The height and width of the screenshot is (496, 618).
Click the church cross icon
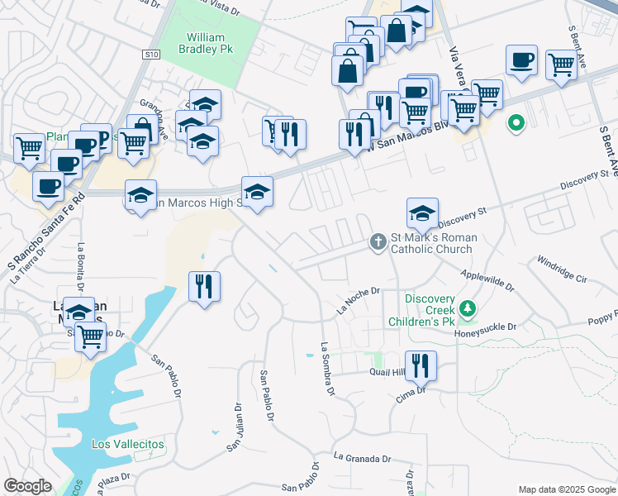click(378, 241)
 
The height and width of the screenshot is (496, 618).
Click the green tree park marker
click(468, 309)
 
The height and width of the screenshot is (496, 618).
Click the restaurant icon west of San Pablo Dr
click(203, 287)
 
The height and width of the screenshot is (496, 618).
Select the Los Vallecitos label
click(128, 444)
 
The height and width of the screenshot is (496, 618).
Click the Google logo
click(28, 486)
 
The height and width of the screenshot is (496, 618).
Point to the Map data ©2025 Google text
click(566, 489)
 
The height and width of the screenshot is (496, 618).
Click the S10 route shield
click(150, 55)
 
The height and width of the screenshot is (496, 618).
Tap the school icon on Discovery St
click(422, 212)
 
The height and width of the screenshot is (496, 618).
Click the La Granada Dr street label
click(362, 457)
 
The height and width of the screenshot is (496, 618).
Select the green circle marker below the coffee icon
click(516, 124)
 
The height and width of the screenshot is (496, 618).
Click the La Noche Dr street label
click(358, 299)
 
